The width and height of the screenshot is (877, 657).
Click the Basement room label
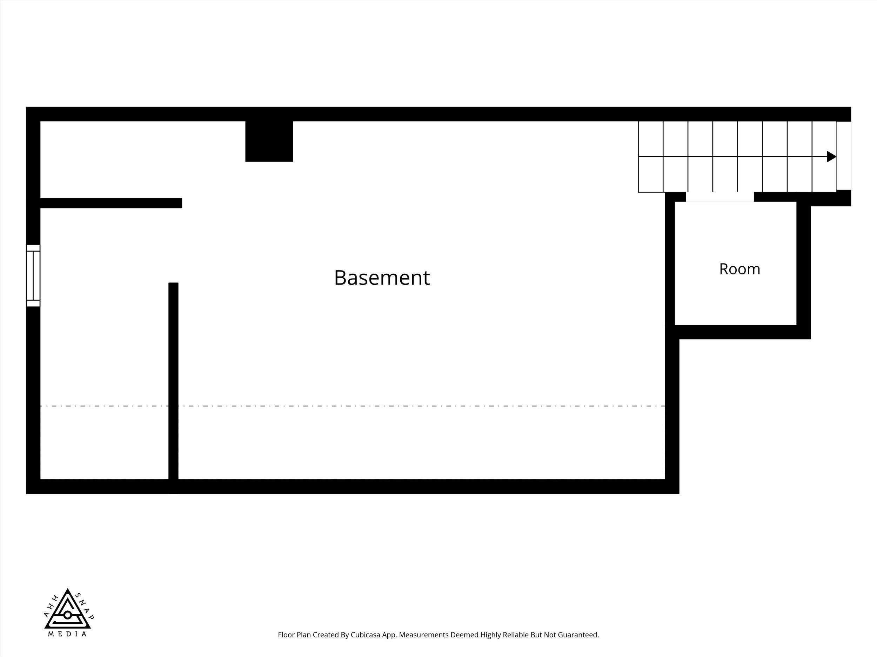click(x=382, y=278)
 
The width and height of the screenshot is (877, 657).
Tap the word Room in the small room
click(x=739, y=269)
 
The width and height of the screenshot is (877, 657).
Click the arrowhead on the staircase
click(x=831, y=156)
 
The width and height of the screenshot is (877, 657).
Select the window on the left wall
click(x=33, y=276)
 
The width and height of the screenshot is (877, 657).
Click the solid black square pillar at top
click(x=269, y=141)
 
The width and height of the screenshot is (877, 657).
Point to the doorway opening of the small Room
click(x=719, y=197)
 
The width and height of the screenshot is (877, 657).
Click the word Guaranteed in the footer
click(x=578, y=646)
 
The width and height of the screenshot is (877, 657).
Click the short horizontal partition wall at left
click(x=111, y=203)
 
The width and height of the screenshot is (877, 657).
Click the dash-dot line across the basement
click(x=353, y=406)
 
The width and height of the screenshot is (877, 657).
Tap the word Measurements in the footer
click(x=424, y=646)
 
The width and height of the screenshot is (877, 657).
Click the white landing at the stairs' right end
click(x=844, y=156)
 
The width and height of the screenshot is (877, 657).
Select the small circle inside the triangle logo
click(x=68, y=615)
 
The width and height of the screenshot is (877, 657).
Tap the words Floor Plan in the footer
click(x=295, y=646)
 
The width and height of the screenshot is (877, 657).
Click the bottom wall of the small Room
click(x=743, y=332)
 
